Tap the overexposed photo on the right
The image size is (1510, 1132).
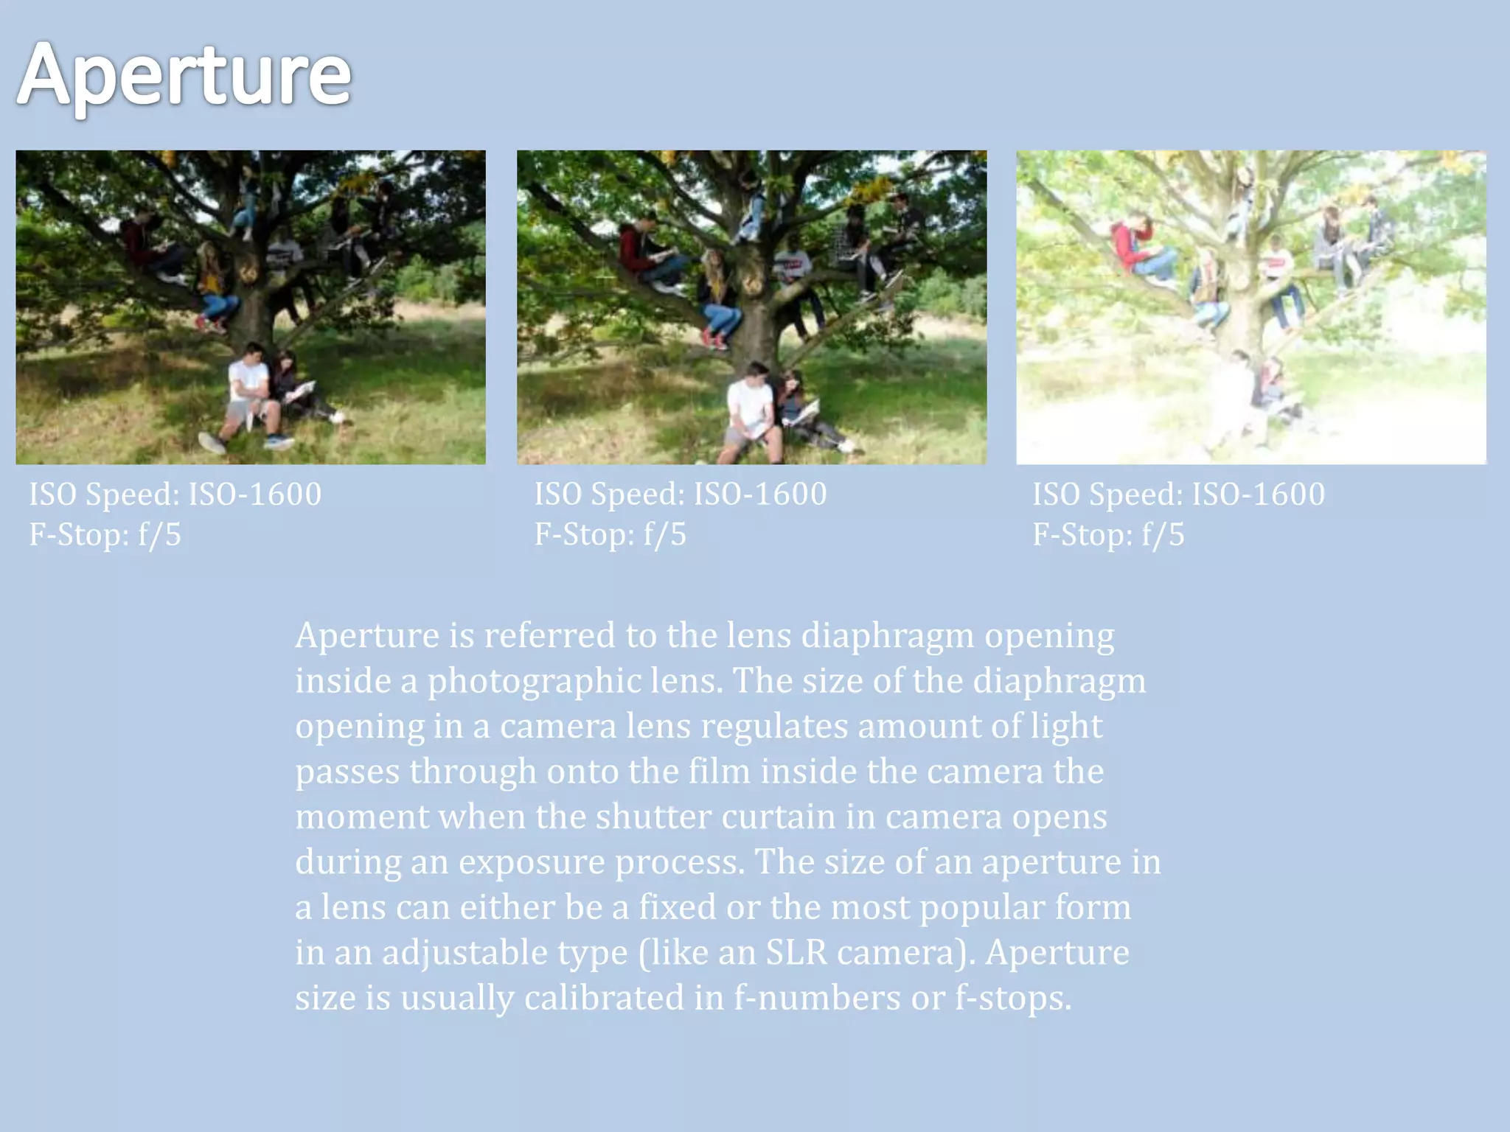[x=1251, y=307]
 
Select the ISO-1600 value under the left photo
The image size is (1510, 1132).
[x=254, y=494]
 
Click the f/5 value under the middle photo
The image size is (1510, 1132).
[x=664, y=534]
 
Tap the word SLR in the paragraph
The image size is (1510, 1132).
[x=796, y=952]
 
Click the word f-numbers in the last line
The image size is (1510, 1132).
[x=816, y=998]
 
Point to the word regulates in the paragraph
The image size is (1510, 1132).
[x=773, y=726]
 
